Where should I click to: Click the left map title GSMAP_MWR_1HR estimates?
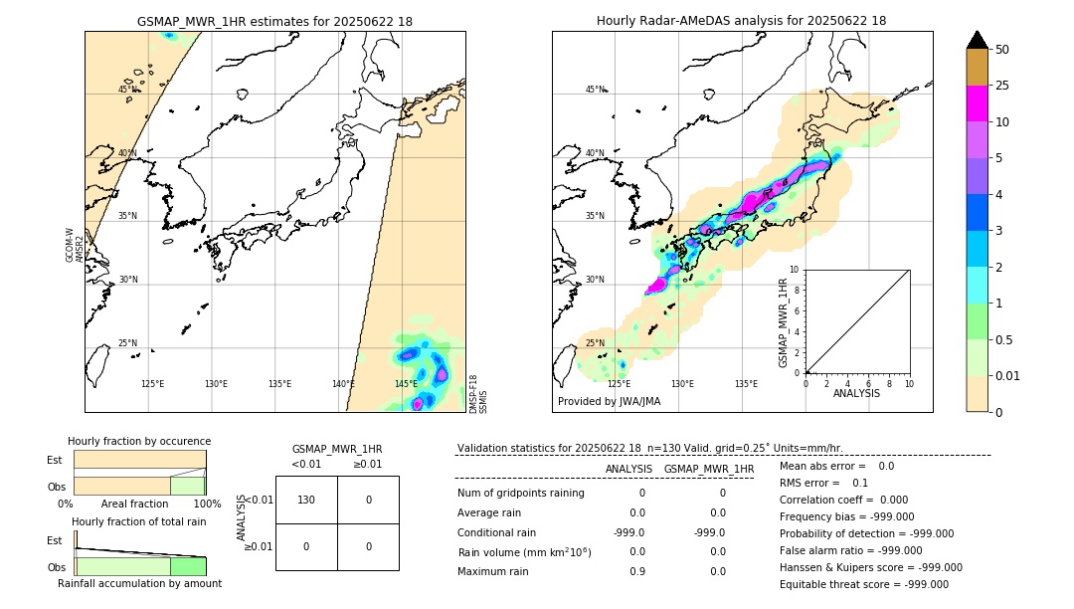click(274, 21)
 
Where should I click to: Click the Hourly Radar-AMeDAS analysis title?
click(741, 21)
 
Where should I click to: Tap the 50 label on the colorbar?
click(1002, 49)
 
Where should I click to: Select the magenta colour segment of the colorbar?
click(978, 103)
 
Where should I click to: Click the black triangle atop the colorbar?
click(978, 40)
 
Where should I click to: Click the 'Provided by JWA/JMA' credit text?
click(609, 402)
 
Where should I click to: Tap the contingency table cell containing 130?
click(306, 500)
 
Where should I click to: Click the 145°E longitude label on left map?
click(406, 384)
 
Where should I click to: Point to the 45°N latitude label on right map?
click(595, 90)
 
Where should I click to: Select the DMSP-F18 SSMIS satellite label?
click(478, 394)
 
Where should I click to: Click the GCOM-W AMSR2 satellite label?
click(75, 245)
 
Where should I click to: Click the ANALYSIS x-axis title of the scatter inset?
click(856, 394)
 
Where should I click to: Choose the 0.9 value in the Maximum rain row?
click(636, 571)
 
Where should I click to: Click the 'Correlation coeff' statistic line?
click(836, 500)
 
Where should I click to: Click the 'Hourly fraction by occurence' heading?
click(139, 441)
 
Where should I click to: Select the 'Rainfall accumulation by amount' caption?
click(139, 583)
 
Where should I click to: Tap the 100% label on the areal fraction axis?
click(207, 505)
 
